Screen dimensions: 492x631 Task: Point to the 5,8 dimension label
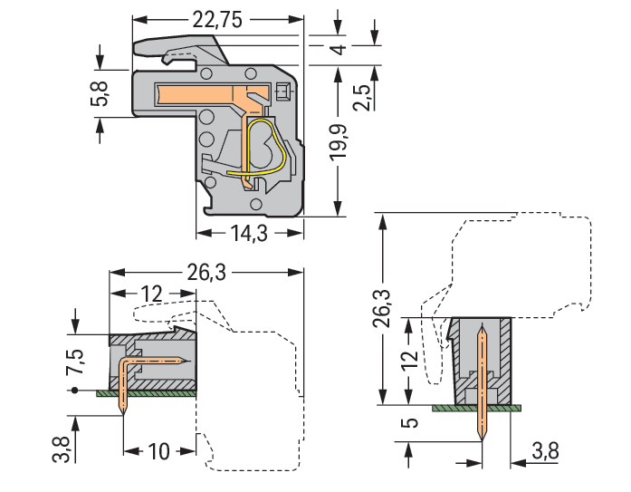[100, 93]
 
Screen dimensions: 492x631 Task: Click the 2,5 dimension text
[361, 95]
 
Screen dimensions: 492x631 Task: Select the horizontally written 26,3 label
[208, 272]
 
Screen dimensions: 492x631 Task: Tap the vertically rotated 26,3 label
[383, 308]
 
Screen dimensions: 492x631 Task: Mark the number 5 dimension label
[409, 424]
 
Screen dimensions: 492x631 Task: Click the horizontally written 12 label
[151, 294]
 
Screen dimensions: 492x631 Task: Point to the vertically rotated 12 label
[409, 361]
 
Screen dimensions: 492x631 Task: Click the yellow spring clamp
[267, 150]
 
